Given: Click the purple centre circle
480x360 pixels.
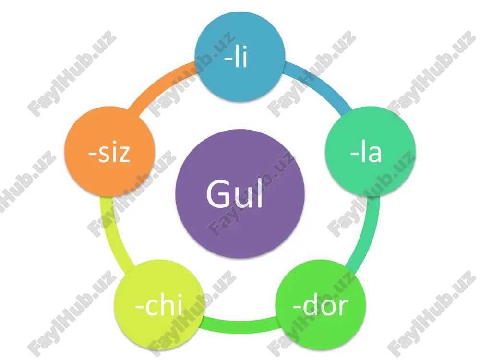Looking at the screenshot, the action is [240, 194].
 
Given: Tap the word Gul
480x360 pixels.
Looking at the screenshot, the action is [235, 194].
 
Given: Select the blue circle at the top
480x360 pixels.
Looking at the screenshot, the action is [240, 57].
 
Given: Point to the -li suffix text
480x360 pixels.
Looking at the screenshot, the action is [235, 57].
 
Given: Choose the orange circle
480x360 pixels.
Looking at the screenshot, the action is [109, 152].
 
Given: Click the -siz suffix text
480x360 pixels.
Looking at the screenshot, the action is [109, 152].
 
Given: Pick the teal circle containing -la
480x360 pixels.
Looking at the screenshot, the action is [371, 152].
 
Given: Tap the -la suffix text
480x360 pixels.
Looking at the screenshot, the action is [366, 152].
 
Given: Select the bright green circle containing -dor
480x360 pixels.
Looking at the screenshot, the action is [321, 305].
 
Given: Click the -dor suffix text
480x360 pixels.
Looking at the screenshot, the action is [321, 305].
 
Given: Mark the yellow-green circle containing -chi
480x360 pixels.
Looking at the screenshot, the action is [159, 305].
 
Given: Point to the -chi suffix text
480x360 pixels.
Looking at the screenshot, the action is [159, 305].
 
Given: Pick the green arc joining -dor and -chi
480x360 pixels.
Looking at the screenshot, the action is [240, 326].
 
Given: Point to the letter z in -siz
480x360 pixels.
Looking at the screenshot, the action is [124, 155].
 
